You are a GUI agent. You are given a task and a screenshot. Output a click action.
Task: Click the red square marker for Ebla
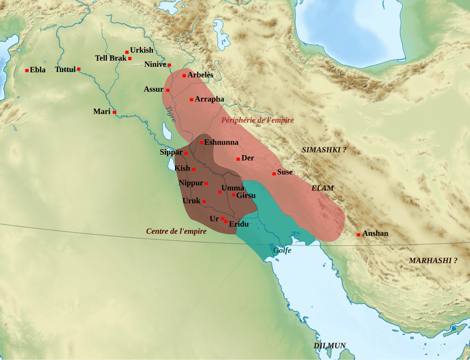(x=27, y=70)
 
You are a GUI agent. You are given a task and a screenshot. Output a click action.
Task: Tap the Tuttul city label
(x=65, y=69)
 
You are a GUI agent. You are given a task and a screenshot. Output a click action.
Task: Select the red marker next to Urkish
(x=127, y=52)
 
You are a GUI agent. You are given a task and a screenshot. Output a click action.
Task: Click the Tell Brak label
(x=111, y=58)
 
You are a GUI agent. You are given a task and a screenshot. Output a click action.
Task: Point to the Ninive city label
(x=155, y=64)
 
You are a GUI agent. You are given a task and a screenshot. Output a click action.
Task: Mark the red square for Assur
(x=167, y=90)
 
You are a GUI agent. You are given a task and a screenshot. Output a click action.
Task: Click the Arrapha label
(x=209, y=99)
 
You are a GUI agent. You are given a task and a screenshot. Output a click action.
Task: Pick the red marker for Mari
(x=114, y=112)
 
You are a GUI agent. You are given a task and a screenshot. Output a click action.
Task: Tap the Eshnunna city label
(x=221, y=142)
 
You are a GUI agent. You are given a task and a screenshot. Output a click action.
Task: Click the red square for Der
(x=238, y=159)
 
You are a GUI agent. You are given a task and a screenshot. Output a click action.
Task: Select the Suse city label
(x=285, y=172)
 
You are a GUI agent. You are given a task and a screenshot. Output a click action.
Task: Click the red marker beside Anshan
(x=358, y=234)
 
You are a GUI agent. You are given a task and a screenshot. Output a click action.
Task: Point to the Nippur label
(x=191, y=183)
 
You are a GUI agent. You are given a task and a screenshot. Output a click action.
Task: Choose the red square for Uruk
(x=204, y=201)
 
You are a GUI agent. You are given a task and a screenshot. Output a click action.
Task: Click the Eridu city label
(x=239, y=224)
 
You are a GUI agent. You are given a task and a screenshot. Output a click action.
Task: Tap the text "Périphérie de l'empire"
(x=257, y=120)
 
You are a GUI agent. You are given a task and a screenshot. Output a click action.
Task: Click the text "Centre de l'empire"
(x=176, y=231)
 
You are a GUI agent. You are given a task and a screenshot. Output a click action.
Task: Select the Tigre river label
(x=171, y=114)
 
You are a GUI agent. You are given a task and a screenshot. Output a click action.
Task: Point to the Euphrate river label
(x=48, y=28)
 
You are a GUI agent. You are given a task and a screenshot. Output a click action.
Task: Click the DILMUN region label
(x=329, y=346)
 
